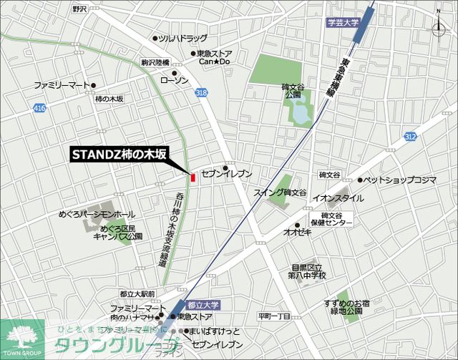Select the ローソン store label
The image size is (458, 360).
[174, 80]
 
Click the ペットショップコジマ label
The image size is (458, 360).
[399, 180]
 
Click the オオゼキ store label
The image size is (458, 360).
[296, 232]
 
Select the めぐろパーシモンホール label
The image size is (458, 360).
[97, 214]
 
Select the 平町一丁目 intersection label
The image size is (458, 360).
[273, 316]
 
